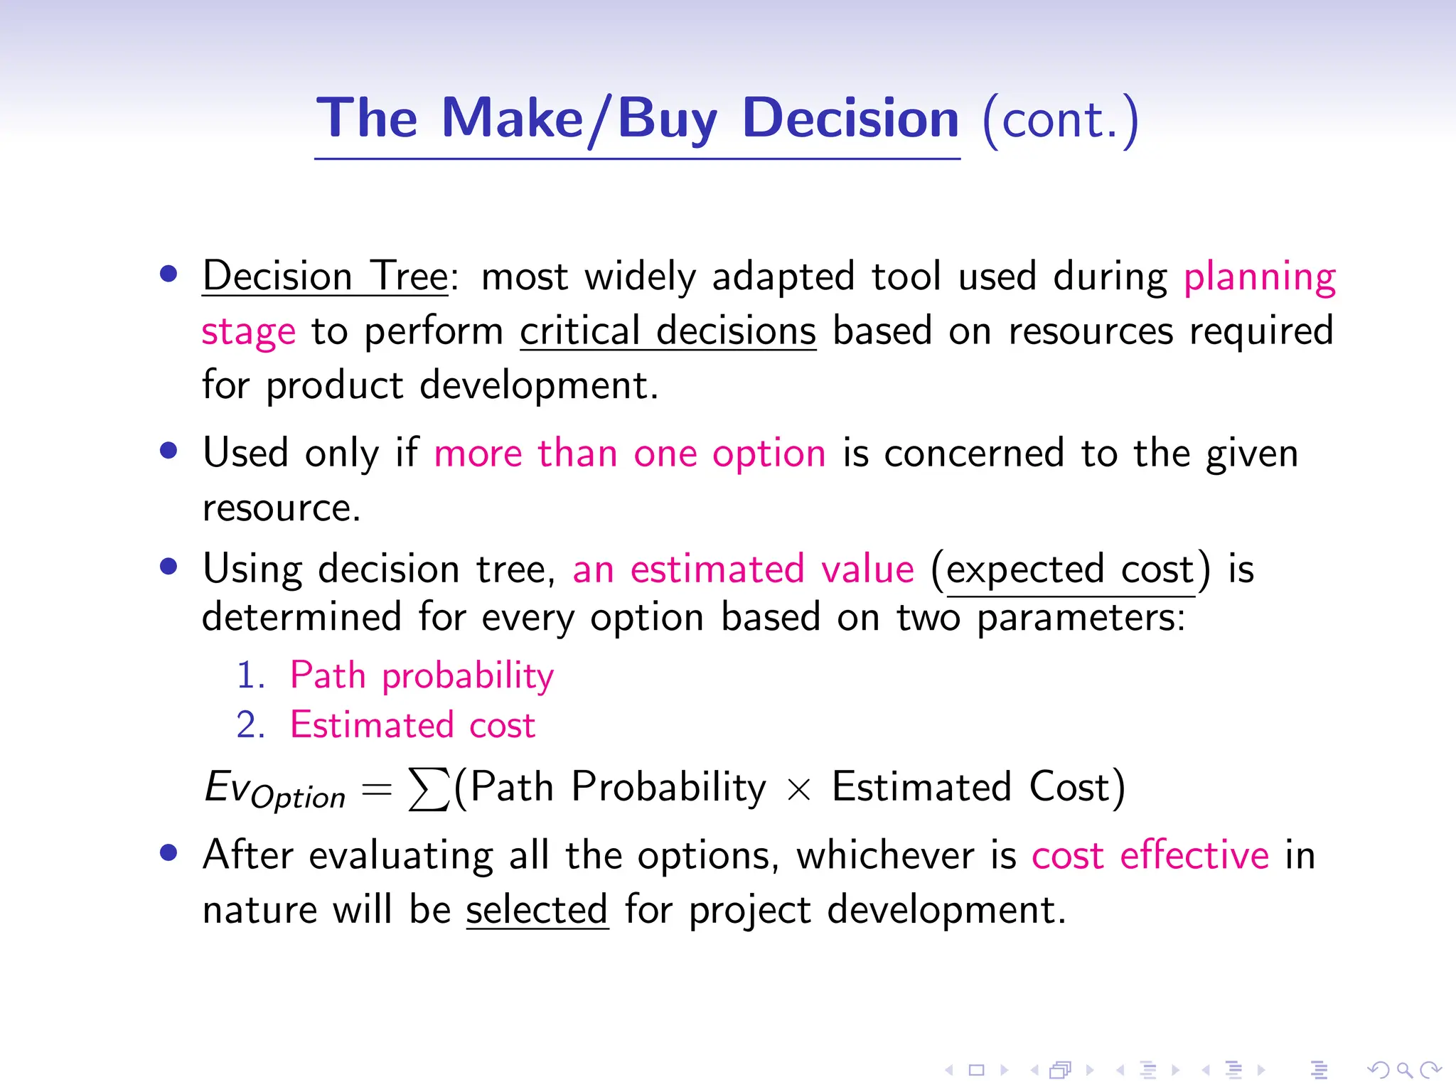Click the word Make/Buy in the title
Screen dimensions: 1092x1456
pos(579,119)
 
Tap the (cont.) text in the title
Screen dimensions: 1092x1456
pos(1060,120)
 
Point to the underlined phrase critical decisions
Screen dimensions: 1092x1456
pos(668,331)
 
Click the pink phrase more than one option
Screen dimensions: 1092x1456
pos(630,453)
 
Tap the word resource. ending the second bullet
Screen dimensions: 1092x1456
pos(282,508)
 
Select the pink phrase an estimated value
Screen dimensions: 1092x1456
pos(743,569)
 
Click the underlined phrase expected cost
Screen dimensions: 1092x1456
pos(1070,569)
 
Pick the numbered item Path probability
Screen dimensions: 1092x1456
pos(422,675)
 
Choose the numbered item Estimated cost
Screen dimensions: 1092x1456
pos(412,725)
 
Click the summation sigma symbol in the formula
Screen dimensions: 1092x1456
pos(429,789)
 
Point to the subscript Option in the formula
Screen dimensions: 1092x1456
pos(299,798)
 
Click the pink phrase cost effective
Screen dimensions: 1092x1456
pos(1150,855)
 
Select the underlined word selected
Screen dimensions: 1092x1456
pos(537,910)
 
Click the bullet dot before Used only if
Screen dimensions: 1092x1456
pos(168,451)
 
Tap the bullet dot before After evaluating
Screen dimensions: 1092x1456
pos(168,852)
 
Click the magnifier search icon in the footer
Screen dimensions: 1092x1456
pos(1404,1069)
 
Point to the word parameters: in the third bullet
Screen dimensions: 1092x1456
pos(1081,618)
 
